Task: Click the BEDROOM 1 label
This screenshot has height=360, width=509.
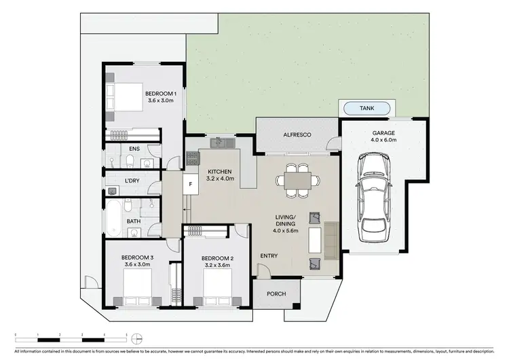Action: [x=160, y=93]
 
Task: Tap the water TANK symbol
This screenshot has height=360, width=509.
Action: [x=366, y=108]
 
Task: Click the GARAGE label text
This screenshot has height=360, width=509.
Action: [x=383, y=133]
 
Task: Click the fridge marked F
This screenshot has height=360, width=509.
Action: [x=191, y=183]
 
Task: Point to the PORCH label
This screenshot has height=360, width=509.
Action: [x=276, y=293]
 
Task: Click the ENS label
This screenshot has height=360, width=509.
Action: [x=134, y=148]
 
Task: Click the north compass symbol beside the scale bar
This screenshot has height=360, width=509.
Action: [x=138, y=337]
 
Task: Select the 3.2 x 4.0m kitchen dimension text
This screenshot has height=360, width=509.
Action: [x=220, y=179]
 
